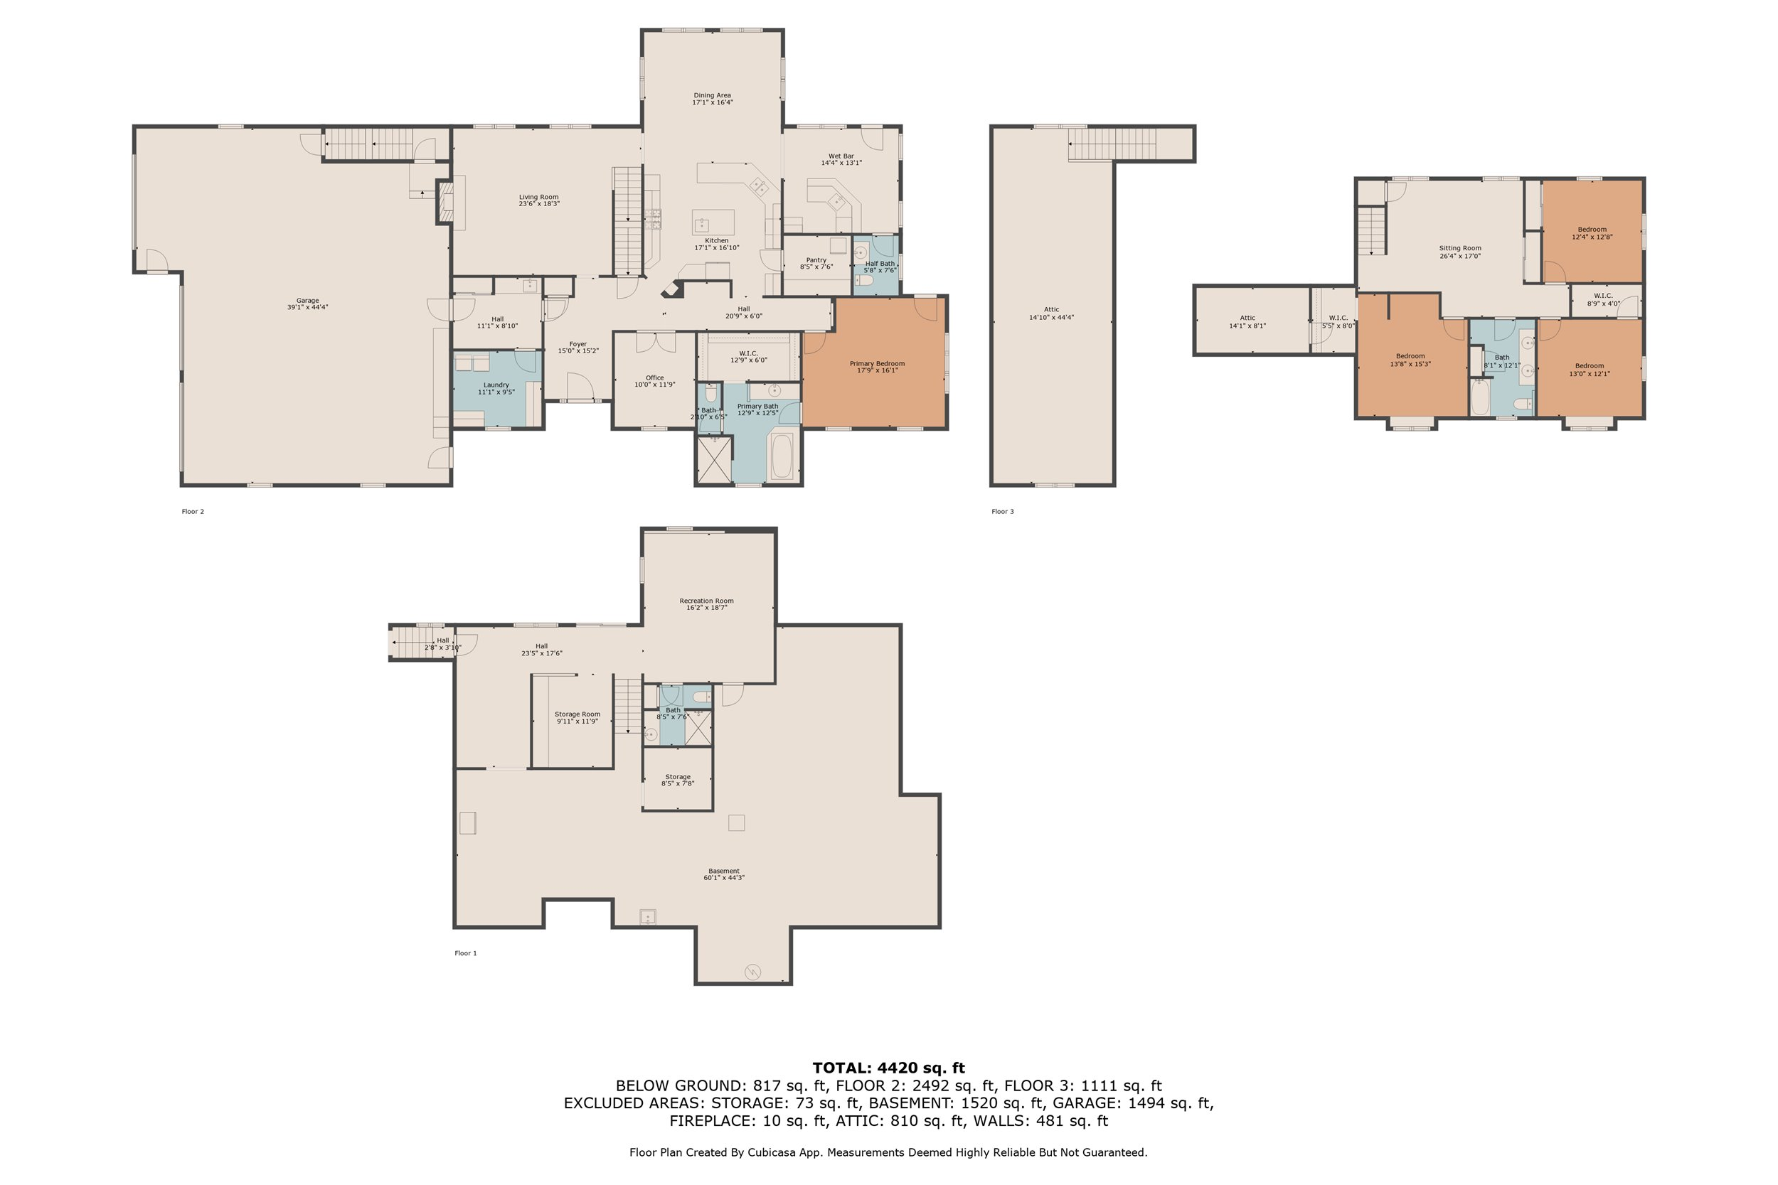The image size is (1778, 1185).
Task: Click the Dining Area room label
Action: pyautogui.click(x=712, y=95)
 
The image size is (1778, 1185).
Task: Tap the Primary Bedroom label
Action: pyautogui.click(x=877, y=363)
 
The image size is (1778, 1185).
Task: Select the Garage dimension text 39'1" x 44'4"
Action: pyautogui.click(x=308, y=308)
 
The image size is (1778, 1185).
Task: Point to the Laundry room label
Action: pyautogui.click(x=496, y=385)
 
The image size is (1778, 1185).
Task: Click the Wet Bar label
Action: pyautogui.click(x=841, y=156)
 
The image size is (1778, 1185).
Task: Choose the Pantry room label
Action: pyautogui.click(x=816, y=260)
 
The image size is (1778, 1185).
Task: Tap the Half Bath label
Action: pyautogui.click(x=880, y=264)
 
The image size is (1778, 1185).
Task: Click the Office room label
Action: pyautogui.click(x=654, y=378)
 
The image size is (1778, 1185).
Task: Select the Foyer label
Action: pyautogui.click(x=578, y=344)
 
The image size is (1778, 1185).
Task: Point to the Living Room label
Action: pyautogui.click(x=539, y=197)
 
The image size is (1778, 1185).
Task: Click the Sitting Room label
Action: pyautogui.click(x=1461, y=248)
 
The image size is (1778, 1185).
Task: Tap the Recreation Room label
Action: pyautogui.click(x=707, y=601)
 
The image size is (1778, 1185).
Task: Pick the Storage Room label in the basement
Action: pyautogui.click(x=577, y=714)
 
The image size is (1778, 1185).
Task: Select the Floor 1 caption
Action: pyautogui.click(x=466, y=953)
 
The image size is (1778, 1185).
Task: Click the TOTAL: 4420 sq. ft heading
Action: pyautogui.click(x=889, y=1068)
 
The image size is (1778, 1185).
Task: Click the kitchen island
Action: pyautogui.click(x=713, y=222)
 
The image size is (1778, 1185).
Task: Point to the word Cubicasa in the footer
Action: pyautogui.click(x=777, y=1152)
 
